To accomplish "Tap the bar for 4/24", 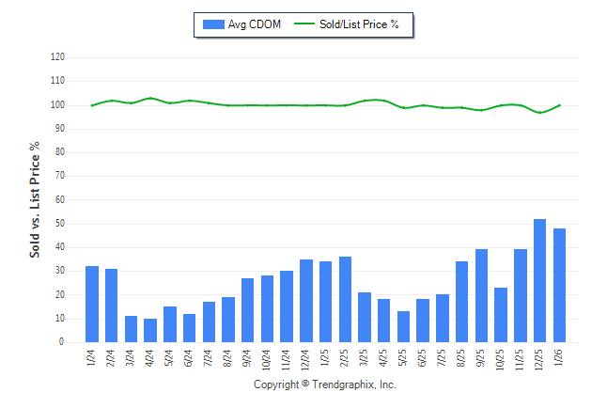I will [150, 330].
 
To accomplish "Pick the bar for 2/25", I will [345, 299].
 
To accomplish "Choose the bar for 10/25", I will [501, 315].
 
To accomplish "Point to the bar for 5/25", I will [403, 326].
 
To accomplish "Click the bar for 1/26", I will [560, 285].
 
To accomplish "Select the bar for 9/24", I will [248, 310].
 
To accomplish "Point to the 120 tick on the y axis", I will [57, 57].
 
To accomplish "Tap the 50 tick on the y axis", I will [59, 224].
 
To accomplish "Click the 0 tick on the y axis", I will [61, 342].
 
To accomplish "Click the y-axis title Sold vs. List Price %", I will [35, 200].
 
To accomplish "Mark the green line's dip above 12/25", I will [540, 113].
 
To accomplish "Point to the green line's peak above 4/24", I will [150, 98].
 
